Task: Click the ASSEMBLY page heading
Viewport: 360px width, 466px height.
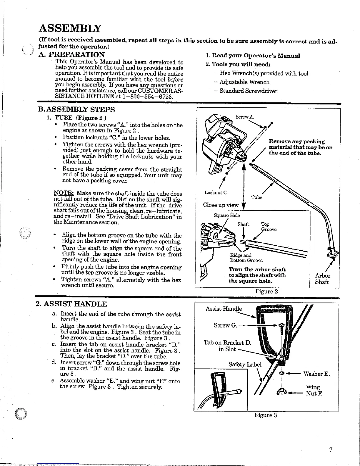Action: point(70,29)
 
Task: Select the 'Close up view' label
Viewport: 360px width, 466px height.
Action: point(221,205)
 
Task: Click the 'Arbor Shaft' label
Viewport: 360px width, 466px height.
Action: point(322,279)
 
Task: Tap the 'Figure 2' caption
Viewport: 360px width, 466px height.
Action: point(266,292)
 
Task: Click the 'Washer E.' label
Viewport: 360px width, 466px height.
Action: point(316,374)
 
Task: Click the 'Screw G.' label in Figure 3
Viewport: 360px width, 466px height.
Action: point(225,325)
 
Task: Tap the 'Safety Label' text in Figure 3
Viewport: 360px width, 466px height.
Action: point(245,364)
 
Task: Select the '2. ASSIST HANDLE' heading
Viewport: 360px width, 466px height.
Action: point(71,304)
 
